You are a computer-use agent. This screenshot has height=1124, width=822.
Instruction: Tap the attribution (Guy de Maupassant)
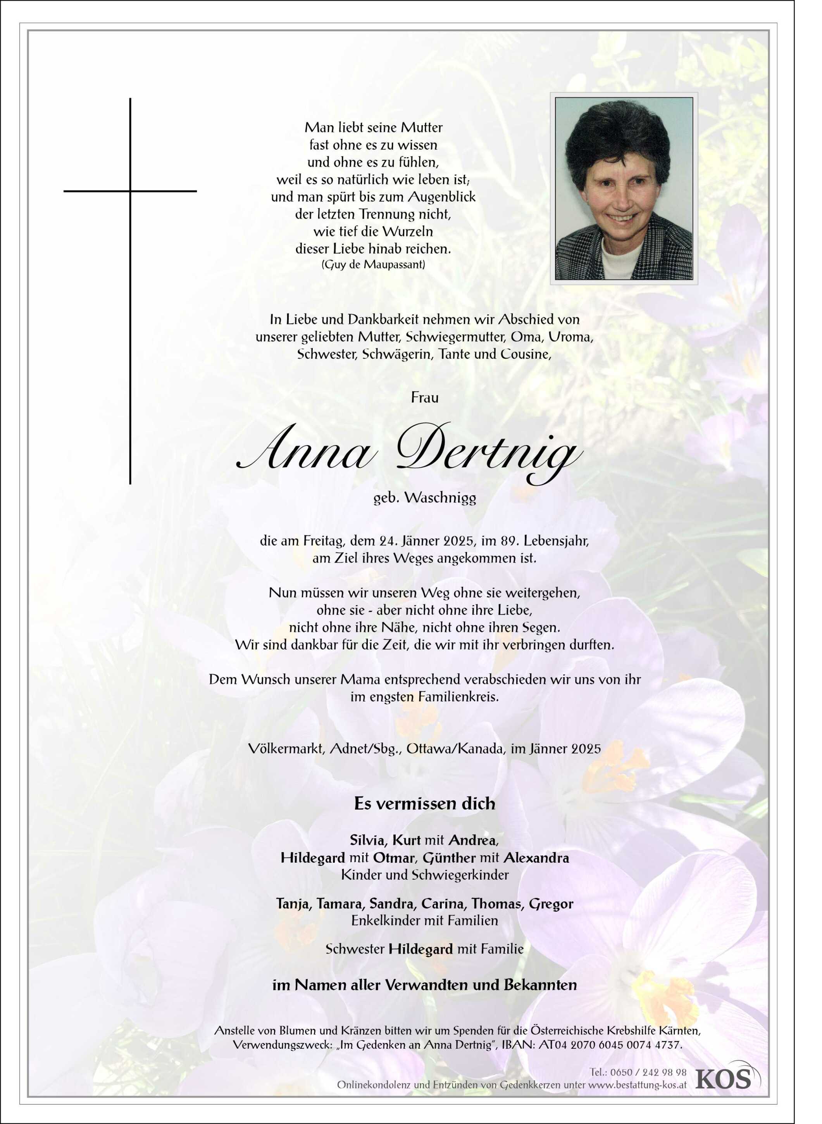click(x=373, y=264)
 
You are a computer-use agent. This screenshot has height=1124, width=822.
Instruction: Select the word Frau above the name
click(x=424, y=397)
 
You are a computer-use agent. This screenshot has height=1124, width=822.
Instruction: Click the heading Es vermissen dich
click(x=424, y=803)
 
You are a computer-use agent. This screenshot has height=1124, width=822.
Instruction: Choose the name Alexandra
click(x=536, y=858)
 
